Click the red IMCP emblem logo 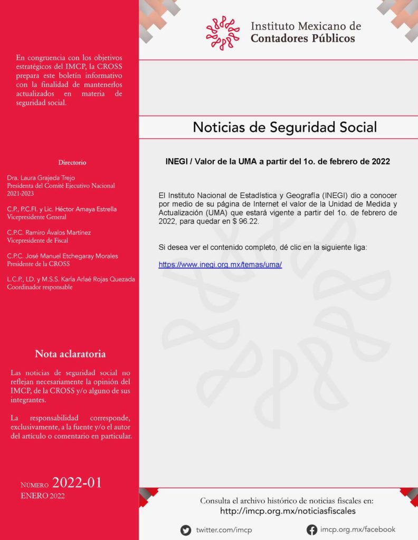pos(223,33)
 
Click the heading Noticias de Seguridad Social pos(285,127)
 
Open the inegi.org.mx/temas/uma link pos(220,265)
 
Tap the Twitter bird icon pos(186,530)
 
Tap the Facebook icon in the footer pos(312,530)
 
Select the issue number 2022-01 pos(77,483)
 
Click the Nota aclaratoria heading pos(70,354)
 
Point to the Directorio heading pos(72,162)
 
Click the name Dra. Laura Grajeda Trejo pos(41,178)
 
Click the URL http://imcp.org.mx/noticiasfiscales pos(288,511)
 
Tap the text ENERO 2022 pos(43,496)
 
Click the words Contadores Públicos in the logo pos(302,38)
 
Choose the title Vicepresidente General pos(37,217)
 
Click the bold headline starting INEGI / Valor pos(278,162)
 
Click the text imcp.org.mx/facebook pos(357,529)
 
